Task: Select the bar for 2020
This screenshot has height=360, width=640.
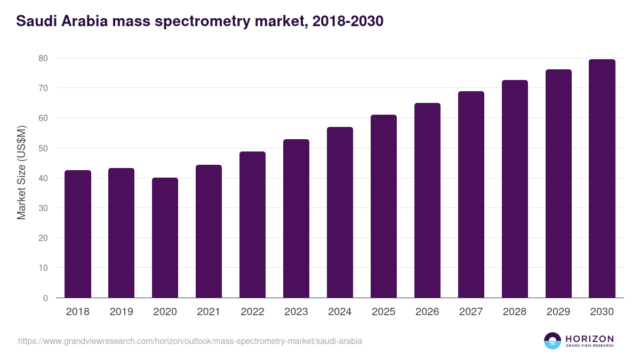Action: (165, 238)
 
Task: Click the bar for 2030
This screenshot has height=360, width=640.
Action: (602, 179)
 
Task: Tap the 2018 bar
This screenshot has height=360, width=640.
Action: (78, 234)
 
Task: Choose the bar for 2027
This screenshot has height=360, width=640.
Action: (471, 195)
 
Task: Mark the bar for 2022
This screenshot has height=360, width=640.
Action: (252, 225)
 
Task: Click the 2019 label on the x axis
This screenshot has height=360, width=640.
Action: (121, 312)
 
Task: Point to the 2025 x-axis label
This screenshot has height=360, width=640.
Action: (383, 312)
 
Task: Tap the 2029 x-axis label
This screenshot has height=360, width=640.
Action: (558, 312)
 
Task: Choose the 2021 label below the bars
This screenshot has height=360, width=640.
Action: (209, 312)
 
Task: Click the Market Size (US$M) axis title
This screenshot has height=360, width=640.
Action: (22, 172)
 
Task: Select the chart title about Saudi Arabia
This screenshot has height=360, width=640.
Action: (199, 22)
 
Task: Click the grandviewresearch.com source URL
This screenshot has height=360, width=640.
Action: (190, 341)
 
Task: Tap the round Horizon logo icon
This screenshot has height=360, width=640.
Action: (553, 341)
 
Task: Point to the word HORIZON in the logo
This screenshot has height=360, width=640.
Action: (589, 339)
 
